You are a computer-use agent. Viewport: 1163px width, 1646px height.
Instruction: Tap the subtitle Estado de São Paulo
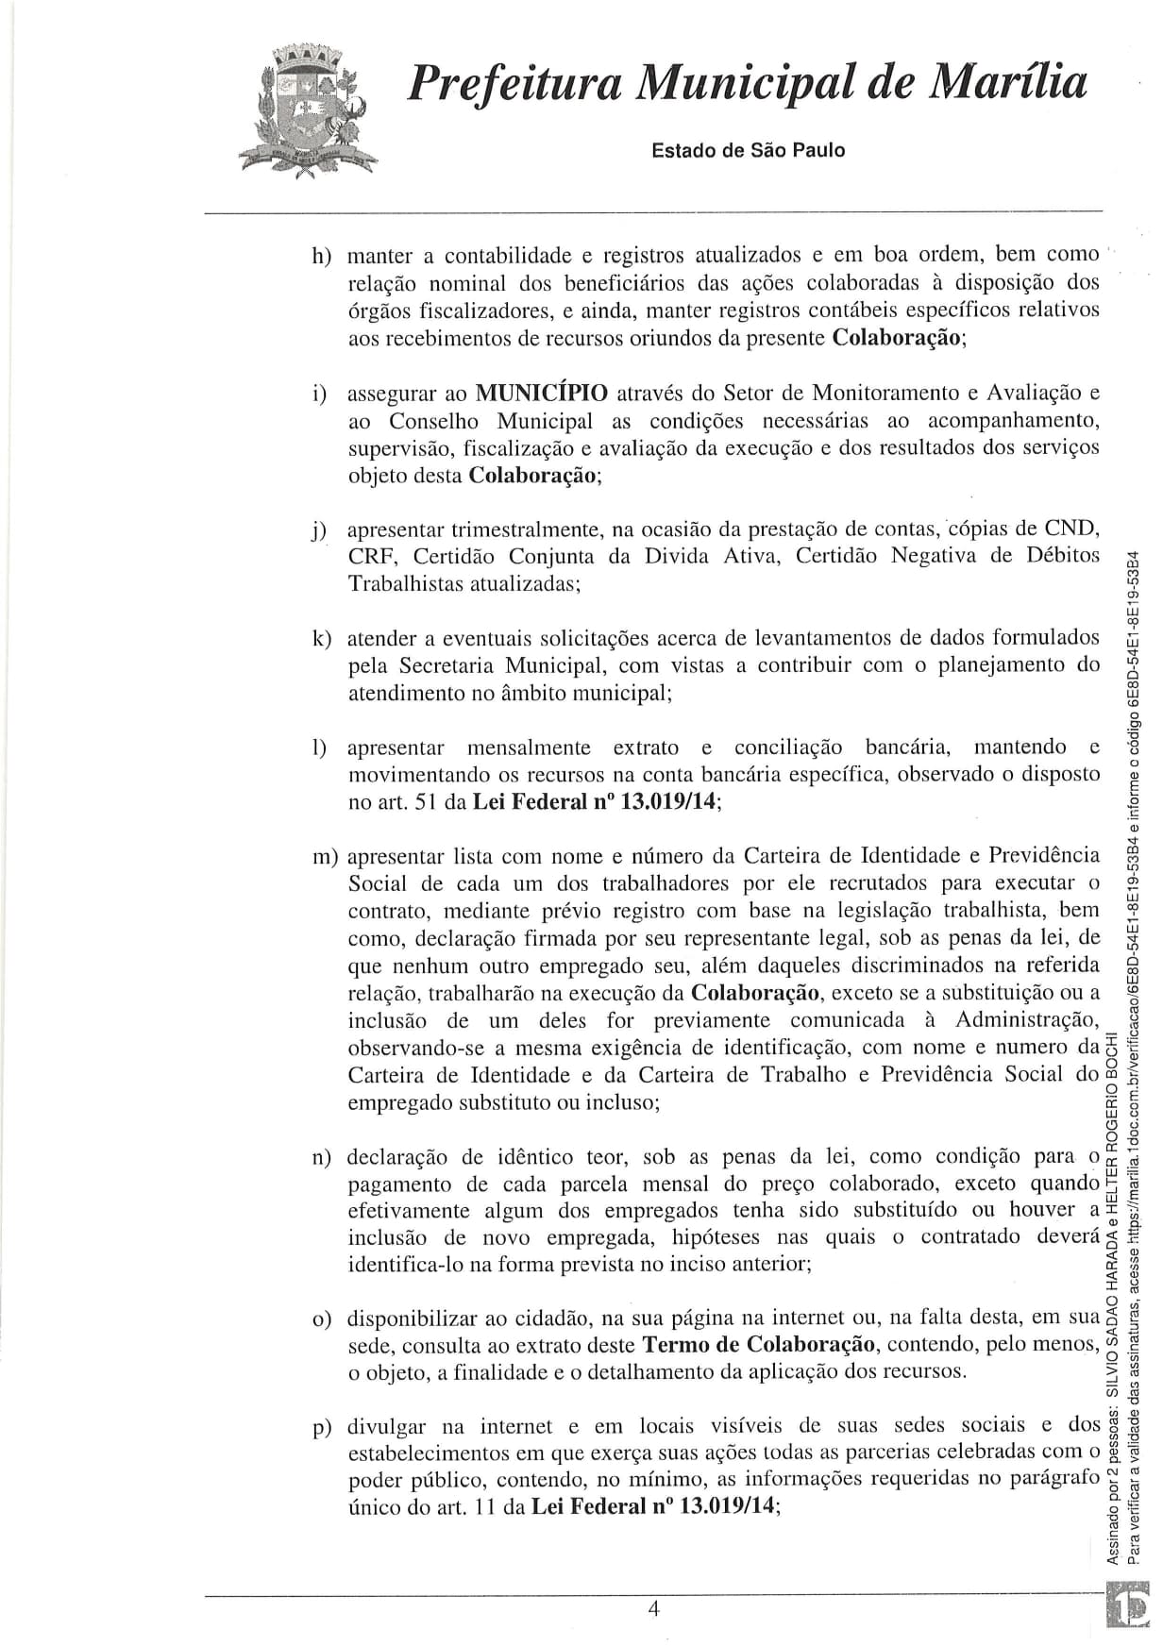click(749, 150)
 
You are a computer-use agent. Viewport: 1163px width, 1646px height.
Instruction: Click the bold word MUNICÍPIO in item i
click(542, 393)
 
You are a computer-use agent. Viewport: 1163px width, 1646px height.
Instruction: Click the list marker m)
click(325, 857)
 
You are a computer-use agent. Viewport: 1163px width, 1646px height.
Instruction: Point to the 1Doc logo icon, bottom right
click(1132, 1610)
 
